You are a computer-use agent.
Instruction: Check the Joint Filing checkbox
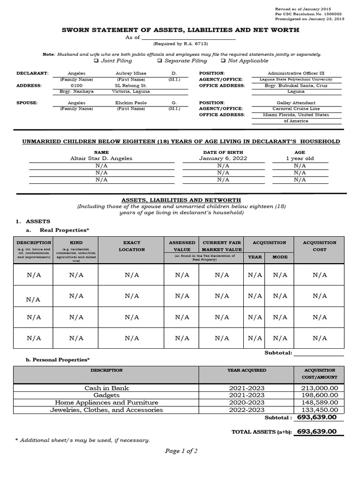click(x=96, y=61)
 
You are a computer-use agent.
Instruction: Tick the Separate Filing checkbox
click(x=160, y=61)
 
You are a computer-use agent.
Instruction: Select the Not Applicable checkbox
click(x=223, y=61)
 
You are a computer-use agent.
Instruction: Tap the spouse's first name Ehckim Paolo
click(x=131, y=103)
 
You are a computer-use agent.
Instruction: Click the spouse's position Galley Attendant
click(x=296, y=103)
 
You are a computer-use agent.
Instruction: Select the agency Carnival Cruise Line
click(x=296, y=109)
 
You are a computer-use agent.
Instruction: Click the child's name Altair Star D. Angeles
click(x=101, y=158)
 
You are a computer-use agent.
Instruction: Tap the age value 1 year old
click(x=300, y=158)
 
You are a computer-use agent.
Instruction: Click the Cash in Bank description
click(x=106, y=388)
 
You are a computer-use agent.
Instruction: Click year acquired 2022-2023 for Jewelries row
click(x=247, y=410)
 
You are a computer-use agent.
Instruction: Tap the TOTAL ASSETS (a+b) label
click(x=262, y=432)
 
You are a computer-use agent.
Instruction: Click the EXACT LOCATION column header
click(x=132, y=246)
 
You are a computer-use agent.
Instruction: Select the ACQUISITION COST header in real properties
click(x=319, y=246)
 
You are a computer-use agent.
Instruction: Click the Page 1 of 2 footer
click(x=181, y=451)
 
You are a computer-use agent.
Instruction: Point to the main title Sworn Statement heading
click(x=180, y=30)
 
